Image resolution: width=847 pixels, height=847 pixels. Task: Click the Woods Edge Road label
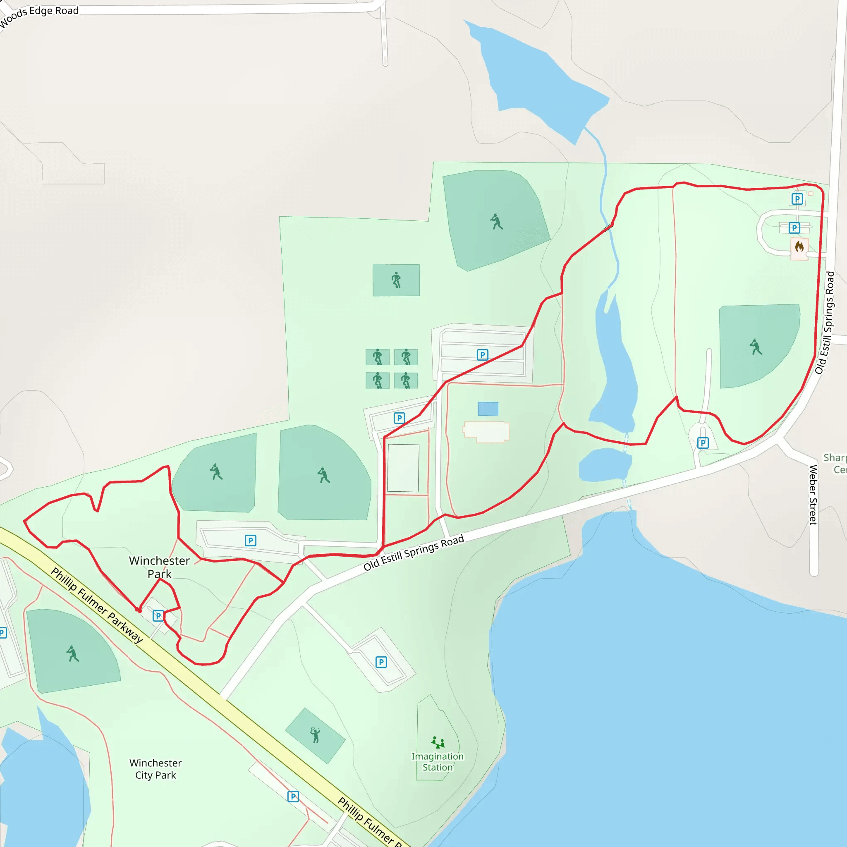pyautogui.click(x=39, y=14)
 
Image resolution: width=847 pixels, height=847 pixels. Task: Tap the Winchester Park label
pyautogui.click(x=159, y=567)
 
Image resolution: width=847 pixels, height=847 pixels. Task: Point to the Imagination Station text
pyautogui.click(x=437, y=761)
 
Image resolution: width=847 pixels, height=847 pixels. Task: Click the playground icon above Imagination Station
pyautogui.click(x=438, y=742)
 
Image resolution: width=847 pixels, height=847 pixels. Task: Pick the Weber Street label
pyautogui.click(x=813, y=495)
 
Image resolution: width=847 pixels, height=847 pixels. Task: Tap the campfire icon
pyautogui.click(x=799, y=247)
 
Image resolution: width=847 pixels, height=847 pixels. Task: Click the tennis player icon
pyautogui.click(x=315, y=735)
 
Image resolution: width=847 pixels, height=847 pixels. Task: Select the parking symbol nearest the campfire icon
pyautogui.click(x=794, y=227)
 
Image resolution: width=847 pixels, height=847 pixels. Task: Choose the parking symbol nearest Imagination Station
pyautogui.click(x=381, y=662)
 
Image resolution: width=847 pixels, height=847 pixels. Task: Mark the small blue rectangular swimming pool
pyautogui.click(x=488, y=409)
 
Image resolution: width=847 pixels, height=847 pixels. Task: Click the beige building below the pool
pyautogui.click(x=486, y=432)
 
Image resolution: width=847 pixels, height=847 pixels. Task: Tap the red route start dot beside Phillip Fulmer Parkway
pyautogui.click(x=139, y=610)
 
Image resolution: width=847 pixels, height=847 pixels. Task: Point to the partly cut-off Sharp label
pyautogui.click(x=835, y=458)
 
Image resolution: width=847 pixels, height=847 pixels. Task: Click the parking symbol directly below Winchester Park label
pyautogui.click(x=158, y=615)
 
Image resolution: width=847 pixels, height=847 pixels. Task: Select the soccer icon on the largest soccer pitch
pyautogui.click(x=396, y=280)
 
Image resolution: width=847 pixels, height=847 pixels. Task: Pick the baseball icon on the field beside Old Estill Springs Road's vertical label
pyautogui.click(x=755, y=347)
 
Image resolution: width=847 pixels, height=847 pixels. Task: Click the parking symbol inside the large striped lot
pyautogui.click(x=482, y=355)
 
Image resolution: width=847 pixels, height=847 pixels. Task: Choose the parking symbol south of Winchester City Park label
pyautogui.click(x=293, y=796)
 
